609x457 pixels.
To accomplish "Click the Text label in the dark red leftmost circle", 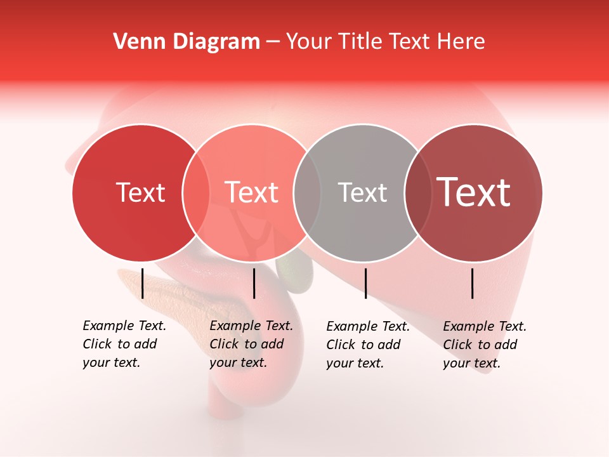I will click(x=140, y=192).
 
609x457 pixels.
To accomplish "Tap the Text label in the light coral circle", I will click(x=252, y=192).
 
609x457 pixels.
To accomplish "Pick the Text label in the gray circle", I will click(x=362, y=192).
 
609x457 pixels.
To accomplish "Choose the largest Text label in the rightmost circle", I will click(x=474, y=192).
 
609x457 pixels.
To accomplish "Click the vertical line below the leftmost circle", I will click(x=142, y=283).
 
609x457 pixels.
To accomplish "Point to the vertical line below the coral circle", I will click(x=254, y=283).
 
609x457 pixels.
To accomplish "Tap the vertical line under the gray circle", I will click(x=365, y=283).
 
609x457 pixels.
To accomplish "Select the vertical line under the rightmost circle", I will click(x=473, y=283).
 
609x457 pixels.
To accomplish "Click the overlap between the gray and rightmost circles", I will click(x=417, y=192).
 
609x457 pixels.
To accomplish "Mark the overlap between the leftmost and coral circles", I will click(x=195, y=192).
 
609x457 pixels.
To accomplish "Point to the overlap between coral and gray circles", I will click(x=307, y=192).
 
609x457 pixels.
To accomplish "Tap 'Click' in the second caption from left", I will click(x=223, y=345).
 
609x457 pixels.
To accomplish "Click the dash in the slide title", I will click(x=273, y=42).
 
